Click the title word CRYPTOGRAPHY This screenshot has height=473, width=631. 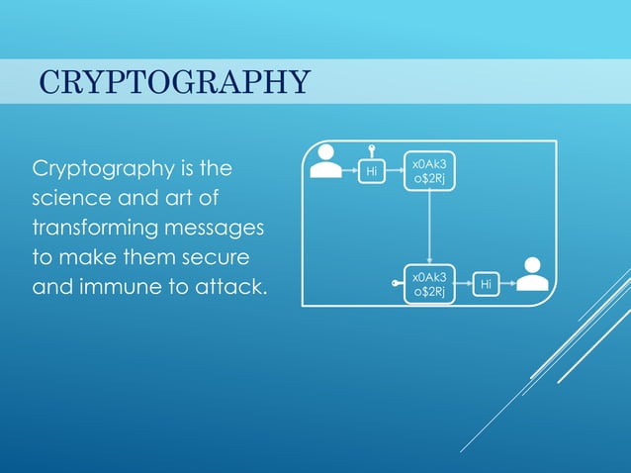pyautogui.click(x=174, y=81)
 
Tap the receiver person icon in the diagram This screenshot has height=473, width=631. pyautogui.click(x=532, y=275)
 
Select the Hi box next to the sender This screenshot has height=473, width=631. pyautogui.click(x=372, y=171)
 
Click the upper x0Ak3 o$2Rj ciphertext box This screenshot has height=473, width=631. pyautogui.click(x=429, y=170)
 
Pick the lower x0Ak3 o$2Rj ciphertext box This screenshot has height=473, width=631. pyautogui.click(x=429, y=284)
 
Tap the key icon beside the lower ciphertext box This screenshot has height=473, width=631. pyautogui.click(x=397, y=284)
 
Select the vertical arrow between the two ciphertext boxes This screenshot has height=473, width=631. pyautogui.click(x=429, y=227)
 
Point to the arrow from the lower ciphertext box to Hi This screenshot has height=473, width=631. pyautogui.click(x=463, y=285)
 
